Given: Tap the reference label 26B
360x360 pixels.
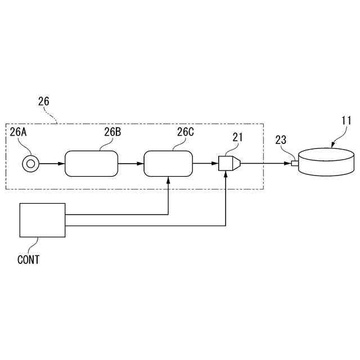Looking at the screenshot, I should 112,133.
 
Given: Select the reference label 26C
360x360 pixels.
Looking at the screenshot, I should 185,133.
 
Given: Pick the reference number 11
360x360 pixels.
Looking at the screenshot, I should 346,120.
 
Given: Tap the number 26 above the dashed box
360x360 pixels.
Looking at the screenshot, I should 43,102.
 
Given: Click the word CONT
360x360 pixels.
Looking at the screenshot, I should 29,260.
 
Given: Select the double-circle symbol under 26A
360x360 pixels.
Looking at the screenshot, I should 30,164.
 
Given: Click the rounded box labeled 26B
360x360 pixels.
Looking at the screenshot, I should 92,164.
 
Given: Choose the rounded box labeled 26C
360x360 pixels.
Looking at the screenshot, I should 169,164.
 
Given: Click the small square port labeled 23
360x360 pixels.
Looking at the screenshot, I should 294,164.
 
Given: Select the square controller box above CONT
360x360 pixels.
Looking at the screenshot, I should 42,220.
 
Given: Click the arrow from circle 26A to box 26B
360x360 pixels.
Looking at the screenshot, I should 51,164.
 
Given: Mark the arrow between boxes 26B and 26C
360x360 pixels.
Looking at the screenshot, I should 131,164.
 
